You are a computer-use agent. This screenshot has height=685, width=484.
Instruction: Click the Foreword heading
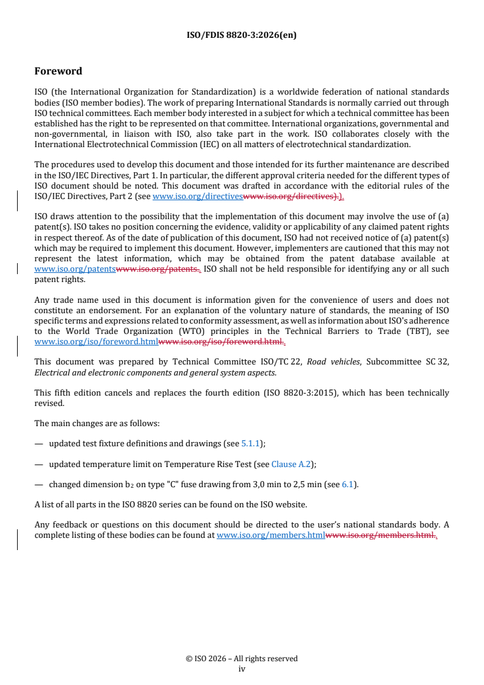tap(59, 71)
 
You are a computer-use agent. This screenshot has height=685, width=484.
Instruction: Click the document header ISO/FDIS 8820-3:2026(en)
tap(242, 35)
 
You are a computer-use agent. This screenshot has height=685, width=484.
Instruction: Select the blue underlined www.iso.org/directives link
tap(197, 196)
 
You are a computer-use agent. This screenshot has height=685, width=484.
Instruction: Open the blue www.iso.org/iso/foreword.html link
tap(96, 342)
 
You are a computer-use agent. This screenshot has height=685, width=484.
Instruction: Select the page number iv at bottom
tap(242, 669)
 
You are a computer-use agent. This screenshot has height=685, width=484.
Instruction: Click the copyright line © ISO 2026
tap(242, 659)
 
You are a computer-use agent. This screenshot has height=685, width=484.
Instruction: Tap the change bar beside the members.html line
tap(18, 540)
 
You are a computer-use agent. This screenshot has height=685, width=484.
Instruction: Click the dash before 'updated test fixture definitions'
tap(38, 444)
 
